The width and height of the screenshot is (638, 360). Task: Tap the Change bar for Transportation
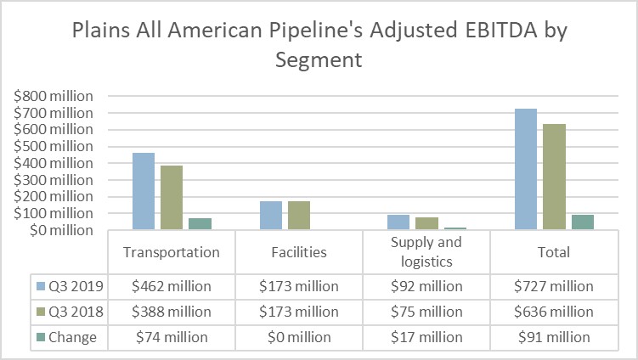coord(200,223)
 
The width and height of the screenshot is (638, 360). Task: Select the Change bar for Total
coord(582,222)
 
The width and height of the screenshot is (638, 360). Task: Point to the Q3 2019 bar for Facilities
coord(271,215)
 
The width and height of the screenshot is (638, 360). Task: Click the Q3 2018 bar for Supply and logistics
coord(426,223)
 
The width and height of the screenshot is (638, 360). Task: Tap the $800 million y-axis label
coord(54,96)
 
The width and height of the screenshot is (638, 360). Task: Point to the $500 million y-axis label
coord(54,146)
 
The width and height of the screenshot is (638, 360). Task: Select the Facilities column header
coord(299,252)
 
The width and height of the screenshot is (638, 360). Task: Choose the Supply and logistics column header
coord(426,252)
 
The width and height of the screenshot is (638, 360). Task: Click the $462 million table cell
coord(172,286)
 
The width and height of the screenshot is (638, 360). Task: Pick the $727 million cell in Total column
coord(553,286)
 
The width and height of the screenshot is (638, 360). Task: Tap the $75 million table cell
coord(426,312)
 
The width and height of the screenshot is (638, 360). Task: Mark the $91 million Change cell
coord(553,337)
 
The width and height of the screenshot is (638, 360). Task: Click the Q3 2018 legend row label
coord(75,312)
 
